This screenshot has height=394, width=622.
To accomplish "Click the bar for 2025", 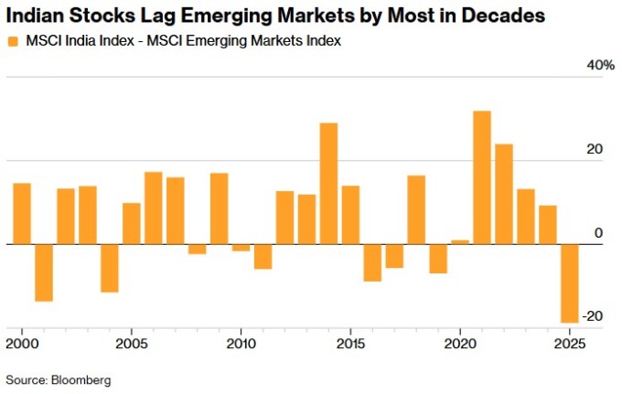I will tap(569, 283).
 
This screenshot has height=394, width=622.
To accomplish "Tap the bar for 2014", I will tap(328, 184).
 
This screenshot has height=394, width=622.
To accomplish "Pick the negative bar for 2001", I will tap(44, 272).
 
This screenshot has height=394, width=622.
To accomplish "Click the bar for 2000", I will tap(22, 214).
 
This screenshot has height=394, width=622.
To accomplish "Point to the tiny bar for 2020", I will tap(460, 242).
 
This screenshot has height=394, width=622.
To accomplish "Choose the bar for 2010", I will tap(241, 248).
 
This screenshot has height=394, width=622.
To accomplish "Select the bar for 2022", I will tap(504, 194).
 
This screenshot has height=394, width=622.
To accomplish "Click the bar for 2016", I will tap(372, 262).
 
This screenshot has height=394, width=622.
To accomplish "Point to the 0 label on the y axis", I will tap(598, 234).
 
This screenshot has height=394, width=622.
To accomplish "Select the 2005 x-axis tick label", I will tap(132, 344).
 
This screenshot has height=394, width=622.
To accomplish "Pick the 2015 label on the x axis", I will tap(350, 344).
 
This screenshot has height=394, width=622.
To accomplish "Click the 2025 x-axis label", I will tap(569, 344).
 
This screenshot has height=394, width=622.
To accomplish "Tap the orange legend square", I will tap(12, 41).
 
